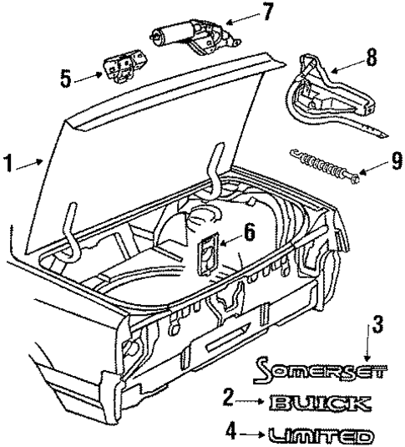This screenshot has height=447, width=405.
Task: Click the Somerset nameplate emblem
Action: click(x=314, y=368)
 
